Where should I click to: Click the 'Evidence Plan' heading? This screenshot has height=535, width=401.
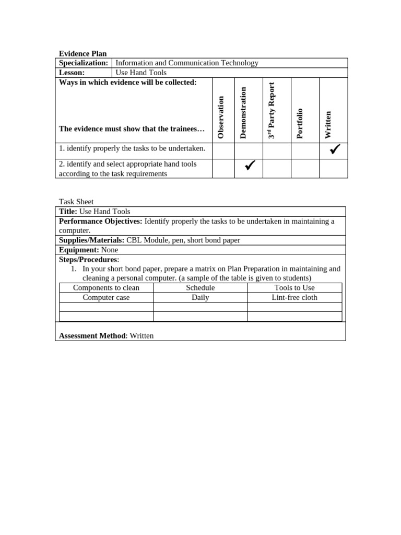coord(82,53)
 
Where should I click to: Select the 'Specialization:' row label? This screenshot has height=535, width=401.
coord(84,63)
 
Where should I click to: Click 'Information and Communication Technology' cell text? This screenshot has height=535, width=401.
coord(187,63)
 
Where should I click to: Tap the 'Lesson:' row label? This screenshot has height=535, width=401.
coord(72,73)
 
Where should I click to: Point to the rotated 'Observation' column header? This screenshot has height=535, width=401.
coord(221,117)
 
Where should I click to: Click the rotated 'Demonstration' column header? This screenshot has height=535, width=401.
coord(243,112)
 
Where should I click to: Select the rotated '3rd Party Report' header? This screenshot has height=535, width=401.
coord(271,110)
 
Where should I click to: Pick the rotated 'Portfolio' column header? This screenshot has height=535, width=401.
coord(300,123)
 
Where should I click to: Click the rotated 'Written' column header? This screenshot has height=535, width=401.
coord(328,125)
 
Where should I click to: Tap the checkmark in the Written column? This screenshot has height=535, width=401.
coord(335,149)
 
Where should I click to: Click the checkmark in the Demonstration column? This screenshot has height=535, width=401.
coord(250,166)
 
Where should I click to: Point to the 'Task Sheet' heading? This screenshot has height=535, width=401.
coord(76,202)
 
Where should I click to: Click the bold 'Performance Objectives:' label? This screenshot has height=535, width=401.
coord(101,221)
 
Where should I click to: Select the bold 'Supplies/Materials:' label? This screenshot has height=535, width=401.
coord(92,240)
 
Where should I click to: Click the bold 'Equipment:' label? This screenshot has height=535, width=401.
coord(79,250)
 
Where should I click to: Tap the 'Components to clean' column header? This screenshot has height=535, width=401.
coord(106,288)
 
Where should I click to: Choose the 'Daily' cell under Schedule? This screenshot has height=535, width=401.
coord(200,297)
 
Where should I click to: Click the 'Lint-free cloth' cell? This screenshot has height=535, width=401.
coord(294,297)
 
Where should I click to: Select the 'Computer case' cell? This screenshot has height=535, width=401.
coord(106,297)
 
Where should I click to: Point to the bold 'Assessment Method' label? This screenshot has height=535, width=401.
coord(92,335)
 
